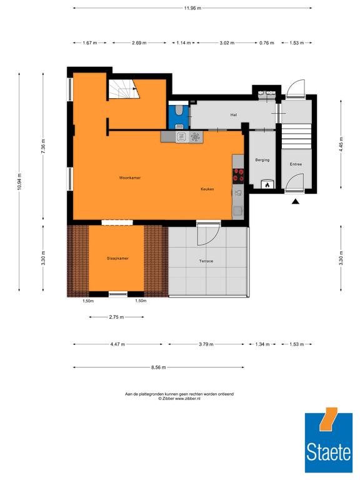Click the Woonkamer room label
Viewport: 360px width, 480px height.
coord(130,177)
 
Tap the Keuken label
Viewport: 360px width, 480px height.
coord(207,189)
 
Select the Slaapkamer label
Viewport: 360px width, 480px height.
coord(117,258)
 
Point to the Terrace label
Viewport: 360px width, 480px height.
coord(206,261)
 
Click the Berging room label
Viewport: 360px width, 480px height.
coord(262,160)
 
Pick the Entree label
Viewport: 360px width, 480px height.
coord(296,164)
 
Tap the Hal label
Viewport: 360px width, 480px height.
coord(234,115)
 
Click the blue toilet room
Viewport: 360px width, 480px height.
coord(179,117)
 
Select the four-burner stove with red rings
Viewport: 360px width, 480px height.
coord(238,176)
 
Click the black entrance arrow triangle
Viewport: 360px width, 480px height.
coord(295,201)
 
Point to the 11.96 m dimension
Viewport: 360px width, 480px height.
coord(192,8)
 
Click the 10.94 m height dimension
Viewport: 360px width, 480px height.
coord(19,182)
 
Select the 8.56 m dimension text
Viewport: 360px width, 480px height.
coord(159,367)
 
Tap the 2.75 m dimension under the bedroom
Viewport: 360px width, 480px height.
coord(116,317)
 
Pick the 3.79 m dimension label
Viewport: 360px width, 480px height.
coord(206,344)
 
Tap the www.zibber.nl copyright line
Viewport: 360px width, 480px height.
coord(179,399)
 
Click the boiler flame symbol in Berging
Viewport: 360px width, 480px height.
coord(267,185)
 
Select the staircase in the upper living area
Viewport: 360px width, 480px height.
coord(123,89)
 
